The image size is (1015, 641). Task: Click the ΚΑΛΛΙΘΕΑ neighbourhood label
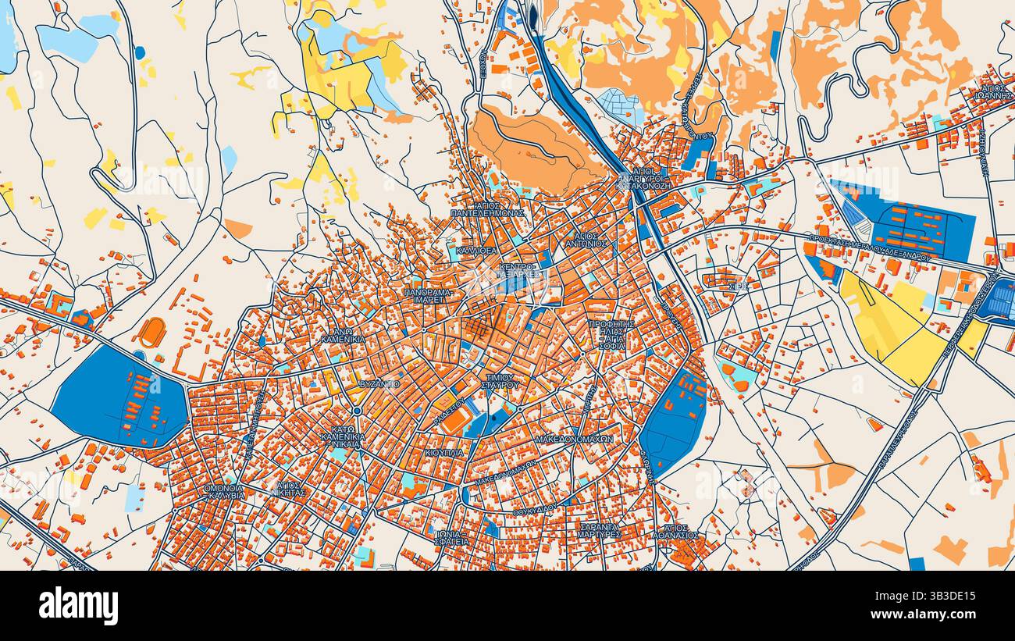476,250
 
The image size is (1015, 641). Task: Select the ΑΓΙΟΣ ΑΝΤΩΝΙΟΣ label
586,239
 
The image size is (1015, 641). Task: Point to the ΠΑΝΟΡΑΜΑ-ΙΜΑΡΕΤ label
429,295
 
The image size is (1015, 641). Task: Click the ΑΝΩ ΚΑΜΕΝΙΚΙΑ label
343,336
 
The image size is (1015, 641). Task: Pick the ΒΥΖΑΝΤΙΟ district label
380,384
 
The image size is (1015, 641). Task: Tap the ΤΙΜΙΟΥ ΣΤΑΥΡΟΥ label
500,380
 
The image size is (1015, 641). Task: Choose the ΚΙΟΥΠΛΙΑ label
444,452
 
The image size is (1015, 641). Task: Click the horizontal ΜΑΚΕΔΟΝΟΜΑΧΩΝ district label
574,440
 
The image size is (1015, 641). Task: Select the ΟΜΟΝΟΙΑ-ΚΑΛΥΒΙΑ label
223,491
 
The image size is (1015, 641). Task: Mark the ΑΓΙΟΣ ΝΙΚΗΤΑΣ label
290,489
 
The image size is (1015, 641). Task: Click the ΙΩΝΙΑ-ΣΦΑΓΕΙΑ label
453,536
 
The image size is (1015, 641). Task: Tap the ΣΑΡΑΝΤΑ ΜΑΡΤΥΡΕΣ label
600,531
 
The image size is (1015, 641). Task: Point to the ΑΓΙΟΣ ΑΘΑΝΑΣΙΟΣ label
677,531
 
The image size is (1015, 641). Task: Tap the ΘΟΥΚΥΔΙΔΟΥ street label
535,508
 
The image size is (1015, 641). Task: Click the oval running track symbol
152,332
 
